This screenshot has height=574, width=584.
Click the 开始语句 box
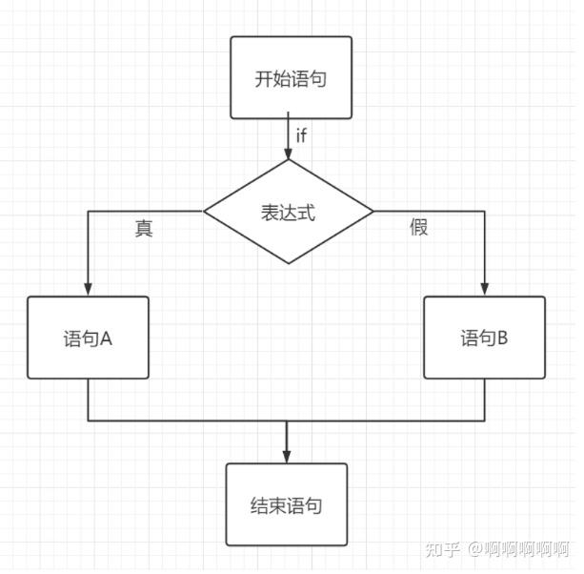click(291, 77)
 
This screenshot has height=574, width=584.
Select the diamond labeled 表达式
click(288, 212)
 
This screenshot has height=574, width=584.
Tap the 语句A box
click(88, 338)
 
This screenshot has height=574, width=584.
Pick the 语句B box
click(484, 338)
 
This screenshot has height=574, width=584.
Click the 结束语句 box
click(286, 504)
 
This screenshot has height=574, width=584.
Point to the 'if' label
click(301, 135)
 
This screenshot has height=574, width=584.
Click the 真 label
click(144, 229)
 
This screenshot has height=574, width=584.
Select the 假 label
click(418, 228)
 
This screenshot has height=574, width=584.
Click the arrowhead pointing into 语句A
click(88, 290)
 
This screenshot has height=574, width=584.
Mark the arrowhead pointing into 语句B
click(484, 290)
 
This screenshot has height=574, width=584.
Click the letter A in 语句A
click(107, 338)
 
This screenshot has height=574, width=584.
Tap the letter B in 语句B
click(502, 338)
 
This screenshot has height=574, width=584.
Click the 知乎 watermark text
click(443, 550)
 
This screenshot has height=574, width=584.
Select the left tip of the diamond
click(205, 212)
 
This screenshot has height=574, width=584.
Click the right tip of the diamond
click(373, 212)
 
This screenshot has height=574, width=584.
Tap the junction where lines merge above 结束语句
click(286, 420)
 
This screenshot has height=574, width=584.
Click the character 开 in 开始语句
click(263, 78)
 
